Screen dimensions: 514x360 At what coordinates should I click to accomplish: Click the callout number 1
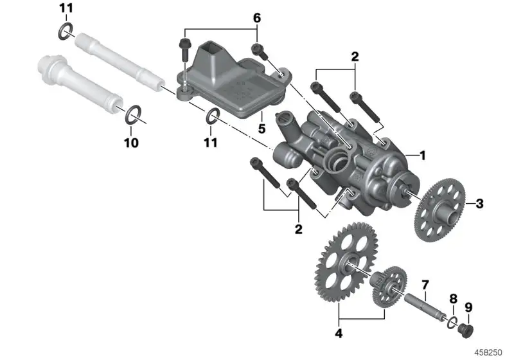[423, 155]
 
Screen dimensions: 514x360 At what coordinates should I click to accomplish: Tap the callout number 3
[479, 204]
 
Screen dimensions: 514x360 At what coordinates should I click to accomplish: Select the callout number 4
[339, 333]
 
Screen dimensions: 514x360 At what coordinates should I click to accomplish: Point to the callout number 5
[261, 129]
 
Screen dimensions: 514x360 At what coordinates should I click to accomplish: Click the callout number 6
[257, 18]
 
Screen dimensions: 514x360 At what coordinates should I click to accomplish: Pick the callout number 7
[425, 285]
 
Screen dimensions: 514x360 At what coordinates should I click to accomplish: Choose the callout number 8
[453, 299]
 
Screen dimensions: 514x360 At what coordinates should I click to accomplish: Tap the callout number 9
[468, 307]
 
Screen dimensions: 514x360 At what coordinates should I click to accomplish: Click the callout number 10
[131, 143]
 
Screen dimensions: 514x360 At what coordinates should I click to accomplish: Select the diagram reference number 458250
[488, 352]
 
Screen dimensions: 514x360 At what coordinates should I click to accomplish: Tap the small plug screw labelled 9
[466, 331]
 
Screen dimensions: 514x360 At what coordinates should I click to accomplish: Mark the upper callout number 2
[355, 57]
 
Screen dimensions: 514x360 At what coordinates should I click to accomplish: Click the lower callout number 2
[298, 229]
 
